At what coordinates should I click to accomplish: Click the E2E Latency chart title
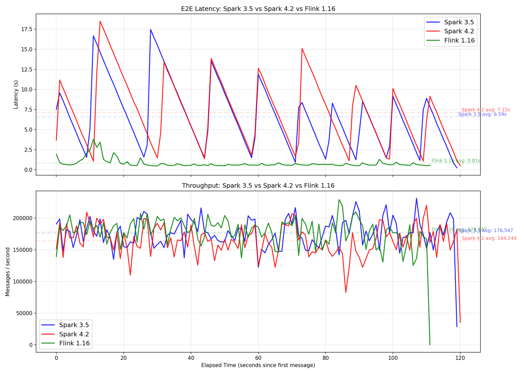click(x=258, y=9)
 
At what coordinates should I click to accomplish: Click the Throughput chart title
click(x=258, y=186)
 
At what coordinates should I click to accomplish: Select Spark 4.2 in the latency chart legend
click(x=459, y=31)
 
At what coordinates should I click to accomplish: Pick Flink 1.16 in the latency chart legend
click(x=459, y=41)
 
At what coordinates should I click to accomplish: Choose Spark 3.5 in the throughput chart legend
click(x=74, y=325)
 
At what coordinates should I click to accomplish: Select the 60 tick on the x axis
click(x=258, y=357)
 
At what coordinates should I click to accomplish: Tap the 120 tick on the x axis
click(x=460, y=357)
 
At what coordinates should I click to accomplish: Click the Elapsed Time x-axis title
click(x=258, y=365)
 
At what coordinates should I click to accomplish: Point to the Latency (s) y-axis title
click(x=16, y=95)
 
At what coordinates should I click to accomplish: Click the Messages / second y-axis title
click(x=8, y=272)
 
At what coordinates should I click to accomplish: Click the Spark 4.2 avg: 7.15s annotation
click(x=486, y=110)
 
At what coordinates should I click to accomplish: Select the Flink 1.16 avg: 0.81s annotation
click(x=456, y=161)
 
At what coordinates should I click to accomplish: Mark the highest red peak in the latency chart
click(x=100, y=21)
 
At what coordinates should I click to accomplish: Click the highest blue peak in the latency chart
click(x=150, y=29)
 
